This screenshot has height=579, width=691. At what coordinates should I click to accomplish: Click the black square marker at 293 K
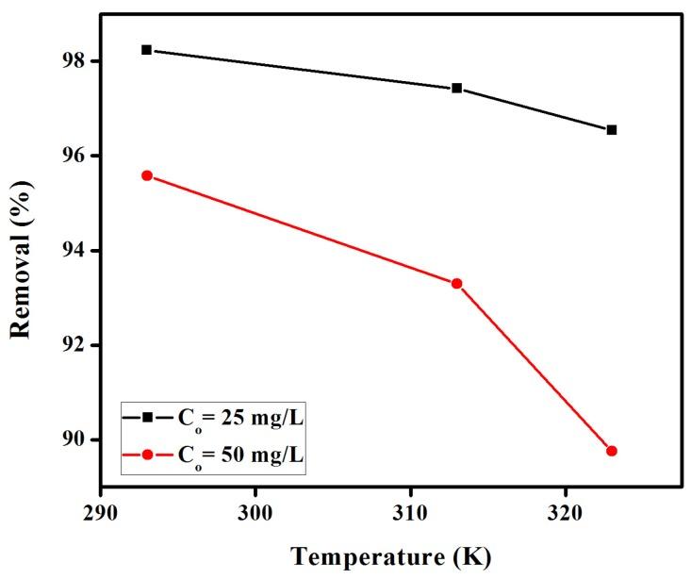pyautogui.click(x=147, y=49)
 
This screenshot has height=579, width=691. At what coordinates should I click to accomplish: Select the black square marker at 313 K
pyautogui.click(x=457, y=88)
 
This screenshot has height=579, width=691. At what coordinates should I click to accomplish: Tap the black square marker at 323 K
pyautogui.click(x=612, y=129)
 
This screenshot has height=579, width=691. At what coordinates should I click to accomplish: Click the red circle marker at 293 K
pyautogui.click(x=147, y=175)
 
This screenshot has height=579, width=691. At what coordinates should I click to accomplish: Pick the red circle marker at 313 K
pyautogui.click(x=457, y=283)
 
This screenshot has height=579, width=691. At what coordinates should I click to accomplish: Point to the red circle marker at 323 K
pyautogui.click(x=612, y=451)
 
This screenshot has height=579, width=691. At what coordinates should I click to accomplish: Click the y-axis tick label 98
pyautogui.click(x=74, y=61)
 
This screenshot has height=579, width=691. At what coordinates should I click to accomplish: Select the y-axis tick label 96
pyautogui.click(x=74, y=156)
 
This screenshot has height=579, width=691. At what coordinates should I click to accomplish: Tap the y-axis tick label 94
pyautogui.click(x=74, y=251)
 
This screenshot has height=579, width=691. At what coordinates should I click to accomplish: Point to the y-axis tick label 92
pyautogui.click(x=74, y=345)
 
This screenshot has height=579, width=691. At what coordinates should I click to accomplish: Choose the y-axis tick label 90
pyautogui.click(x=74, y=440)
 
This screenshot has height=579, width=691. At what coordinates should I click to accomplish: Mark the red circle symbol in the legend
pyautogui.click(x=148, y=455)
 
